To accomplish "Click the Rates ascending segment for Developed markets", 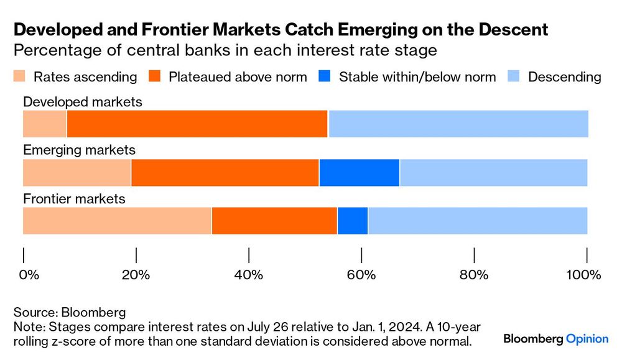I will tap(44, 124).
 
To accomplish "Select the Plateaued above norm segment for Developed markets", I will tap(197, 124).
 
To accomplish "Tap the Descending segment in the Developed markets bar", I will tap(458, 124).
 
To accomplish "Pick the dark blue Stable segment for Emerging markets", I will tap(359, 173).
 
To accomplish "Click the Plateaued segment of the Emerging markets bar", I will tap(225, 173).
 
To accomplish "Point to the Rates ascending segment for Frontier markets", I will tap(117, 221).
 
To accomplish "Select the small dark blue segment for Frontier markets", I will tap(352, 221).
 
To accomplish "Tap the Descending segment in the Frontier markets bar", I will tap(477, 221).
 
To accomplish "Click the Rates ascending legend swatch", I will tap(19, 77).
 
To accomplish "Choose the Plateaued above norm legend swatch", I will tap(155, 77).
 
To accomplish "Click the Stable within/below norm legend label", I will tap(417, 77).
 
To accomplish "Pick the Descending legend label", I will tap(564, 77).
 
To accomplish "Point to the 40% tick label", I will tap(249, 275).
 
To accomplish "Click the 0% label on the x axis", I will tap(29, 275).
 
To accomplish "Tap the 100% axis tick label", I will tap(585, 275).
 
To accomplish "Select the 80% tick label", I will tap(475, 275).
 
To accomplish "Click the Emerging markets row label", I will tap(79, 150).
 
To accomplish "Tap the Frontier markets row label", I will tap(74, 199).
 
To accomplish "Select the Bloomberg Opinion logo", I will tap(555, 339).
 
